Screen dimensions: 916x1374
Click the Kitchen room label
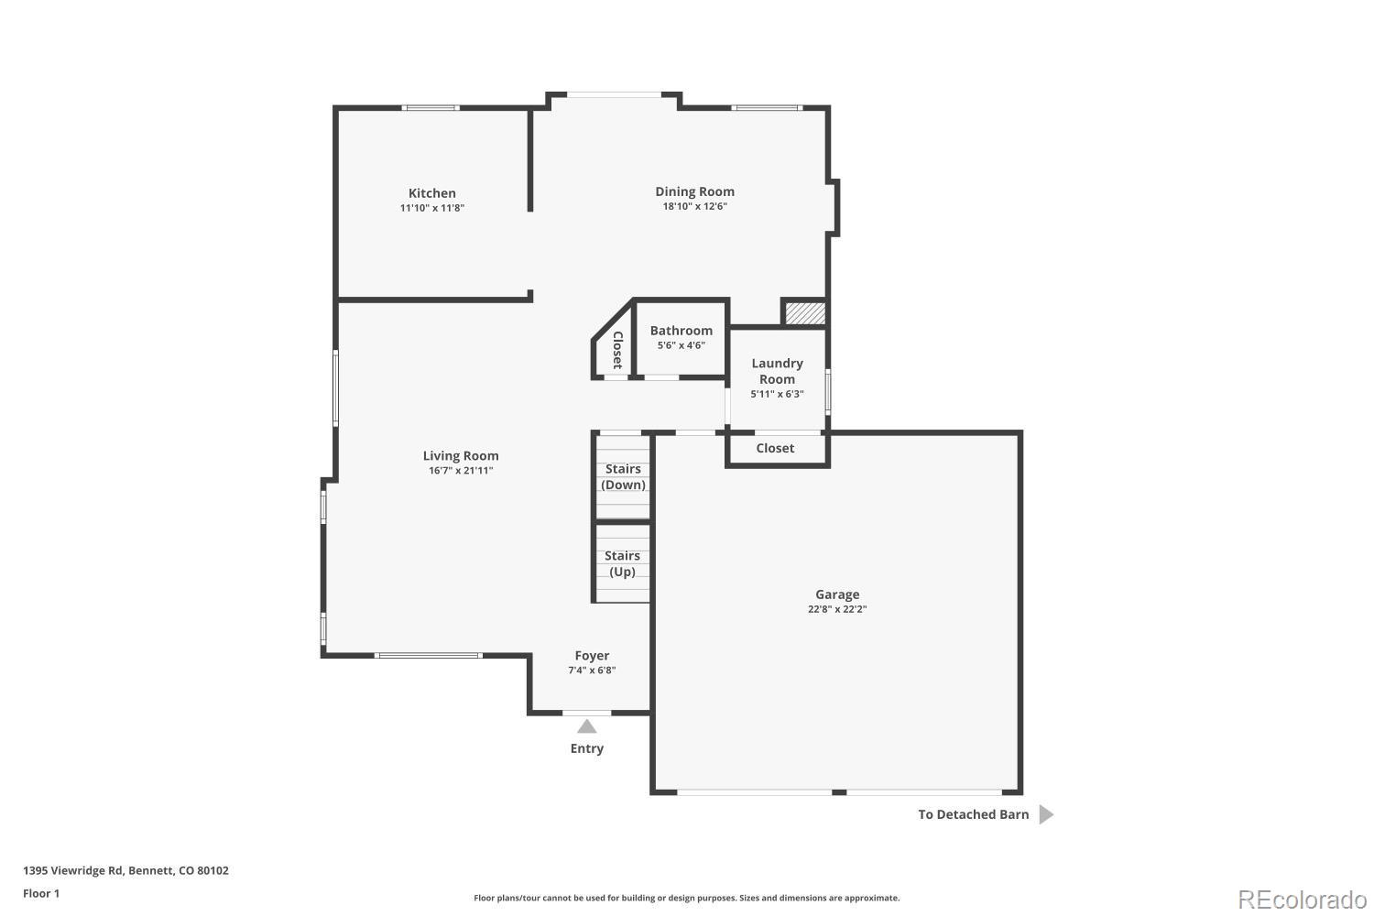431,193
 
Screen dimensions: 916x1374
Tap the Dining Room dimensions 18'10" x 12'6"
694,207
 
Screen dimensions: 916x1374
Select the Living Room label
461,455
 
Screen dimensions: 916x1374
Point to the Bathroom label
681,331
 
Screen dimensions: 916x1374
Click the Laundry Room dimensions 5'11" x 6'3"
777,394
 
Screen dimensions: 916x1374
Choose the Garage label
837,594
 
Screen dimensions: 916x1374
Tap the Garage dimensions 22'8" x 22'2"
831,609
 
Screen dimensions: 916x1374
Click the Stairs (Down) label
623,476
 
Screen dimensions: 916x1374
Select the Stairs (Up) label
622,563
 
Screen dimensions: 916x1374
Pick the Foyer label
592,656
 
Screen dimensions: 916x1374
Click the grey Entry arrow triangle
587,726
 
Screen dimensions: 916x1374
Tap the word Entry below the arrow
587,748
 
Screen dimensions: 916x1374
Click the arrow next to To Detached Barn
1045,814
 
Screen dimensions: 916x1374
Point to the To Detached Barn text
973,814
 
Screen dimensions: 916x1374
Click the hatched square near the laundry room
805,312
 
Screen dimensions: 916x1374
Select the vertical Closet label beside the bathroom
617,348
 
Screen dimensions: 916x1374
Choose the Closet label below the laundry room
775,448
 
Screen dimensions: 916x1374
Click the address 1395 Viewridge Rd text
125,871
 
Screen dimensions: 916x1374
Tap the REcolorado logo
1301,899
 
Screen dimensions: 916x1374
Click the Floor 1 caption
41,893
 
